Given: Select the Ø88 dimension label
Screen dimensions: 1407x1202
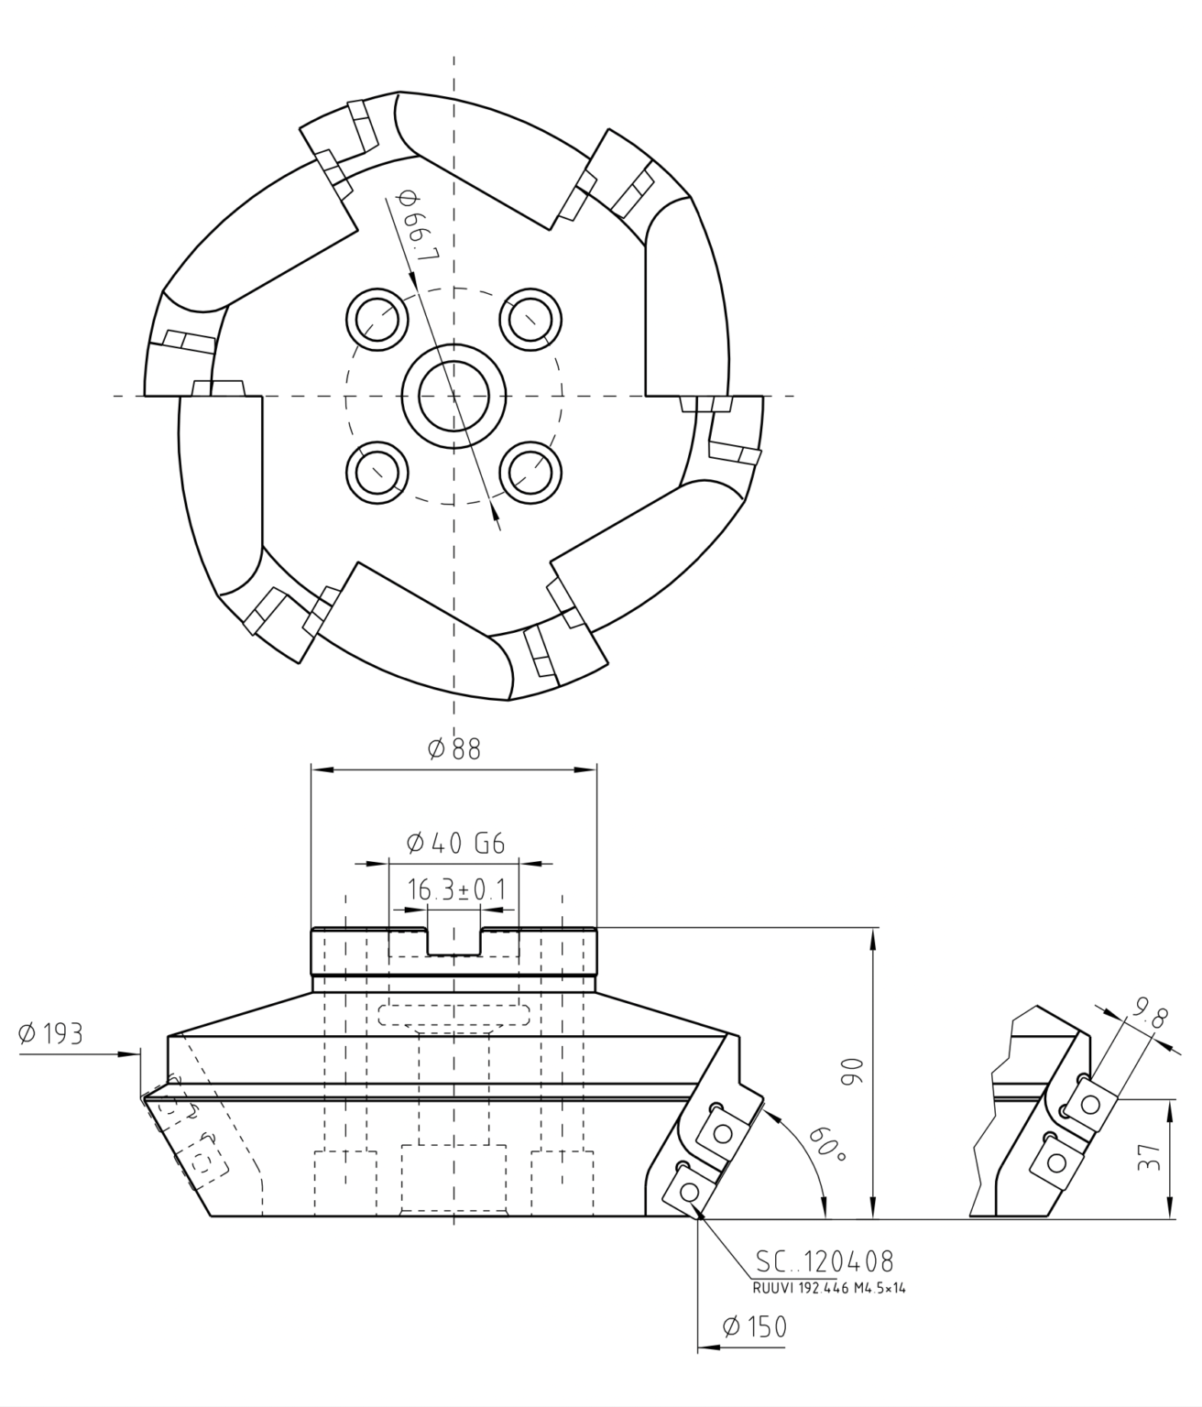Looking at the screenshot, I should [453, 749].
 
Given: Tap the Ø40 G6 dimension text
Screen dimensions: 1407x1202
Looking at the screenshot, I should [454, 843].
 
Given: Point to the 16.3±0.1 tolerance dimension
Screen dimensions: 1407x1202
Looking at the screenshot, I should [455, 889].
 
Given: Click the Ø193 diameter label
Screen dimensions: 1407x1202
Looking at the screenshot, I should [50, 1033].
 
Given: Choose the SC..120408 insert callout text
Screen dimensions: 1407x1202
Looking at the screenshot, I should [824, 1262].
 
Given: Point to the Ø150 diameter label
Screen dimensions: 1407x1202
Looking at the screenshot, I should [753, 1326].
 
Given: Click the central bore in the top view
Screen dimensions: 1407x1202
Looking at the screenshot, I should [453, 396].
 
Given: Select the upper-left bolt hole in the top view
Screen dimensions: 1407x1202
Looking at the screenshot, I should [377, 318].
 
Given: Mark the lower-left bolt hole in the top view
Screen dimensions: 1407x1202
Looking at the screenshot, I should [377, 473].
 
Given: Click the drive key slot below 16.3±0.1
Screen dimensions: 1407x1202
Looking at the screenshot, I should [453, 942].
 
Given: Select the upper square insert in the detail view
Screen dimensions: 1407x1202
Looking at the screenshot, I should [1090, 1103].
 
